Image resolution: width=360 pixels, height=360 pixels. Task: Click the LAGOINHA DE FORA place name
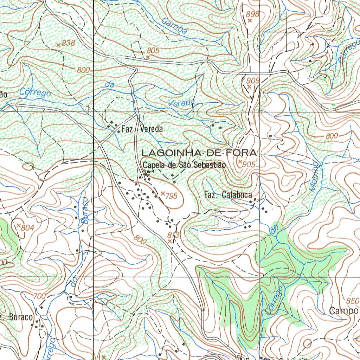coord(199,153)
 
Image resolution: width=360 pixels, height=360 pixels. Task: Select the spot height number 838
coord(68,43)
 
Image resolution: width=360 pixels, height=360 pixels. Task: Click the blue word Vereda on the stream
coord(181,103)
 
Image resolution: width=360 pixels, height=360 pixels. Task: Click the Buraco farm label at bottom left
coord(20,317)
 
